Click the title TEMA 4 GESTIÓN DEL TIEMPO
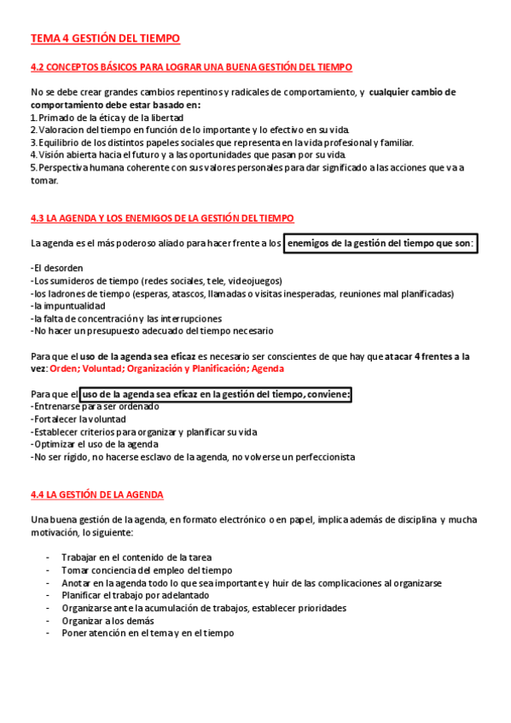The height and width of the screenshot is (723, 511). [x=105, y=38]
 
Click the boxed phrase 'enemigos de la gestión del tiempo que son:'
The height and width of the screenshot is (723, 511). [x=380, y=244]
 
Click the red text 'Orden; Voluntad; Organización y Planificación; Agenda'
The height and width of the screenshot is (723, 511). [x=167, y=368]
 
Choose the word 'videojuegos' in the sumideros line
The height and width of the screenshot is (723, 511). [x=253, y=281]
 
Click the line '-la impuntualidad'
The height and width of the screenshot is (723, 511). [x=67, y=305]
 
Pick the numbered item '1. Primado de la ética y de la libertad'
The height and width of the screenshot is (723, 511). [x=107, y=117]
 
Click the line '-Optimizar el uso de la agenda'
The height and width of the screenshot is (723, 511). [x=95, y=444]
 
